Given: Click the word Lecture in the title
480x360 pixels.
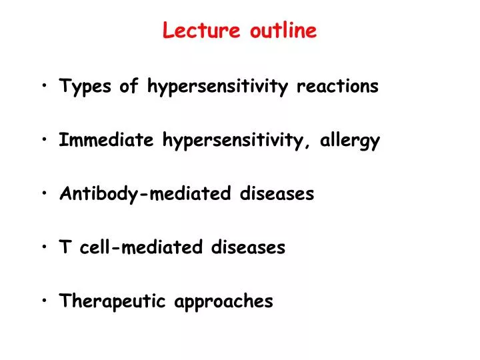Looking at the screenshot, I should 203,31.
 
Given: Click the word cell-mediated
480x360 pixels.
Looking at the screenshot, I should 143,248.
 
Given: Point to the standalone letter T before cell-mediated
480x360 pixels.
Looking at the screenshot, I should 65,248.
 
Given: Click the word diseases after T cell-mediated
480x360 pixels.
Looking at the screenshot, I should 248,248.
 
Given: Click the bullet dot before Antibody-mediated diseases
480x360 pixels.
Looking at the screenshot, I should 44,195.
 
